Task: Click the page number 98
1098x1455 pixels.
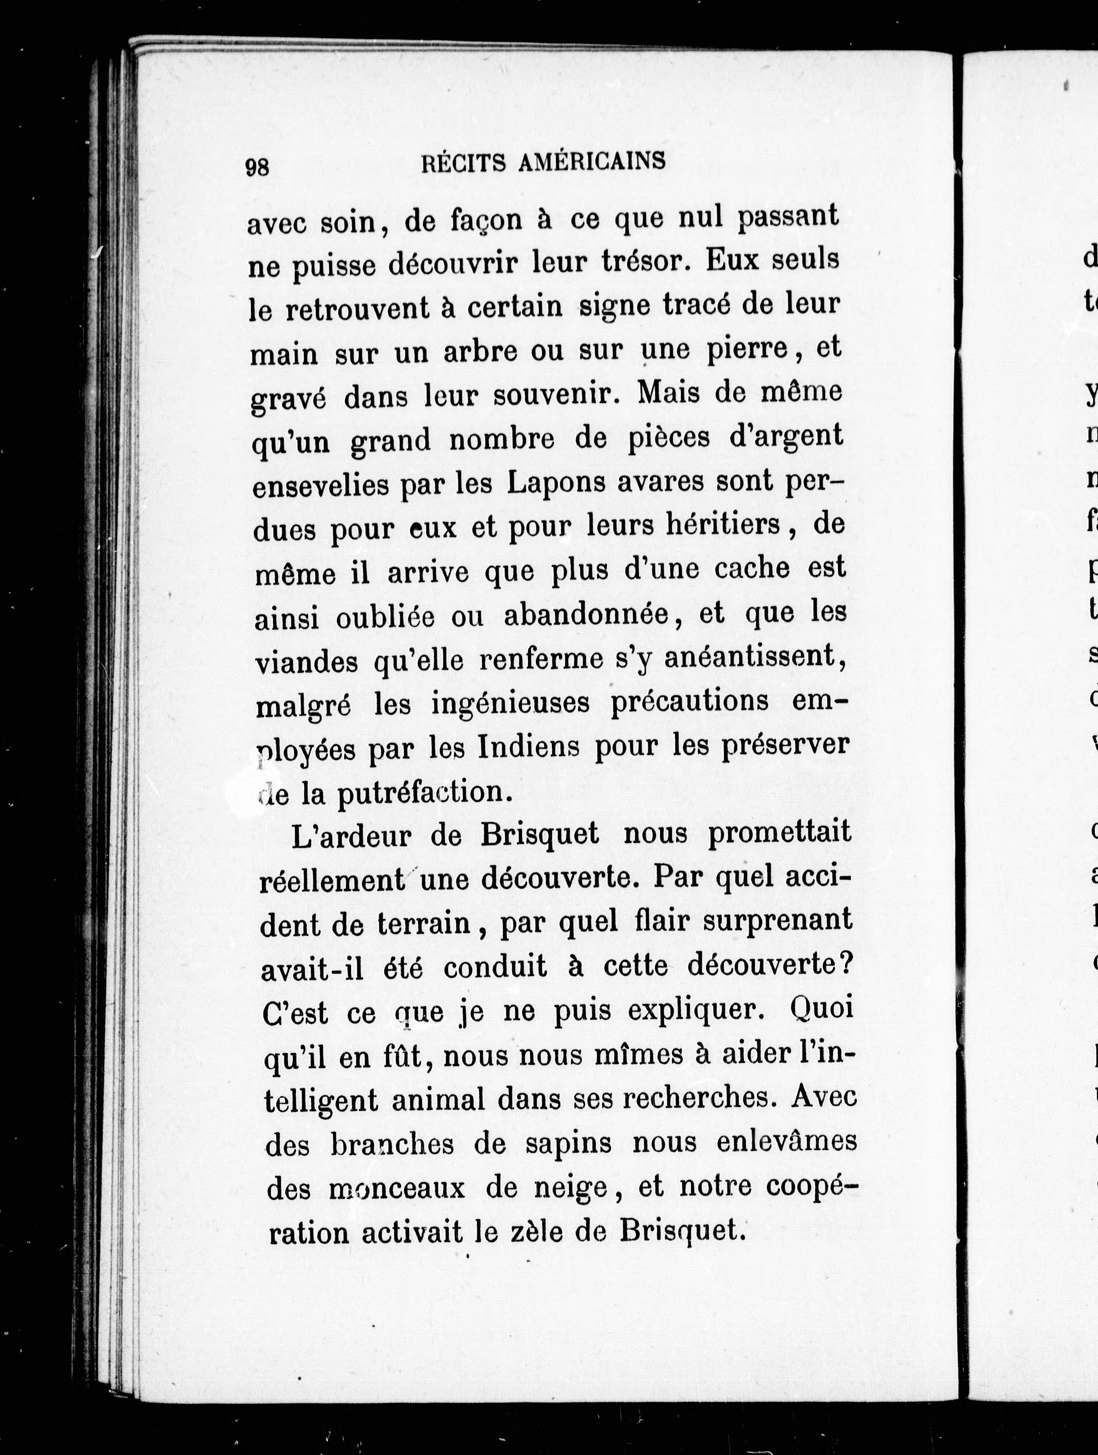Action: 257,168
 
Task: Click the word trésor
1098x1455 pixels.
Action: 646,262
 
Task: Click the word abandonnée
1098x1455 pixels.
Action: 587,614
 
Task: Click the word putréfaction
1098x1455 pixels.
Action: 424,792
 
